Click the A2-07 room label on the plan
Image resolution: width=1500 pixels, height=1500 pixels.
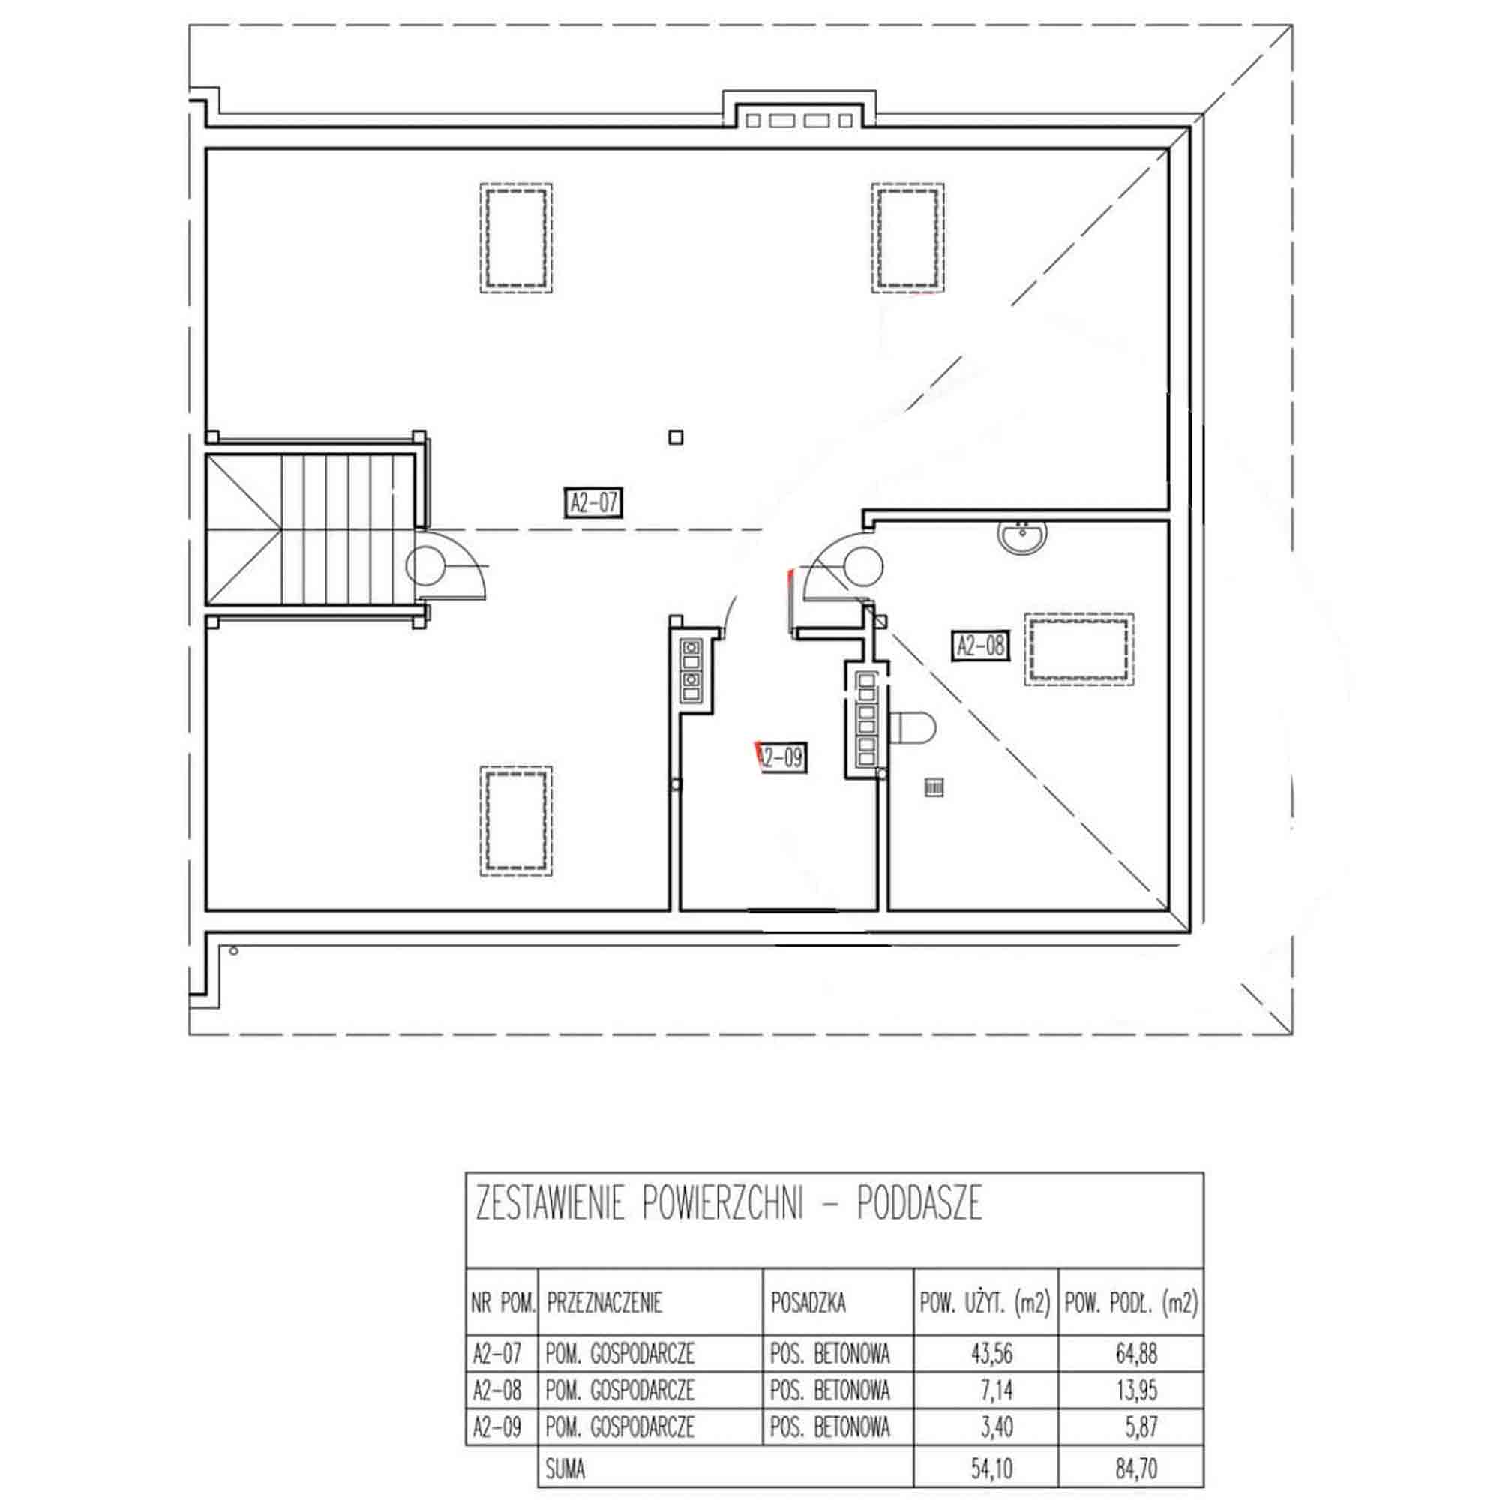pos(593,502)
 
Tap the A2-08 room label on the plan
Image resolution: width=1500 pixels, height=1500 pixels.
pos(981,645)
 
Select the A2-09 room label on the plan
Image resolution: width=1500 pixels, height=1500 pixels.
pos(781,757)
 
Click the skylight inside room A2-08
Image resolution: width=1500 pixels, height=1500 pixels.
pos(1079,649)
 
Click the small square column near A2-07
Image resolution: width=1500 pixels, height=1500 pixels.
pos(676,437)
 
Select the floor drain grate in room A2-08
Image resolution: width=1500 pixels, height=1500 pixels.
pos(934,788)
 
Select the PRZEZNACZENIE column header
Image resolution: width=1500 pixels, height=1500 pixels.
pos(604,1302)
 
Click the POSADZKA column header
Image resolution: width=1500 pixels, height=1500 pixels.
pos(808,1302)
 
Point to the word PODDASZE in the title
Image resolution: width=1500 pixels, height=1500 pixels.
pos(920,1205)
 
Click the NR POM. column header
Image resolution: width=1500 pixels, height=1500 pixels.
pos(503,1302)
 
